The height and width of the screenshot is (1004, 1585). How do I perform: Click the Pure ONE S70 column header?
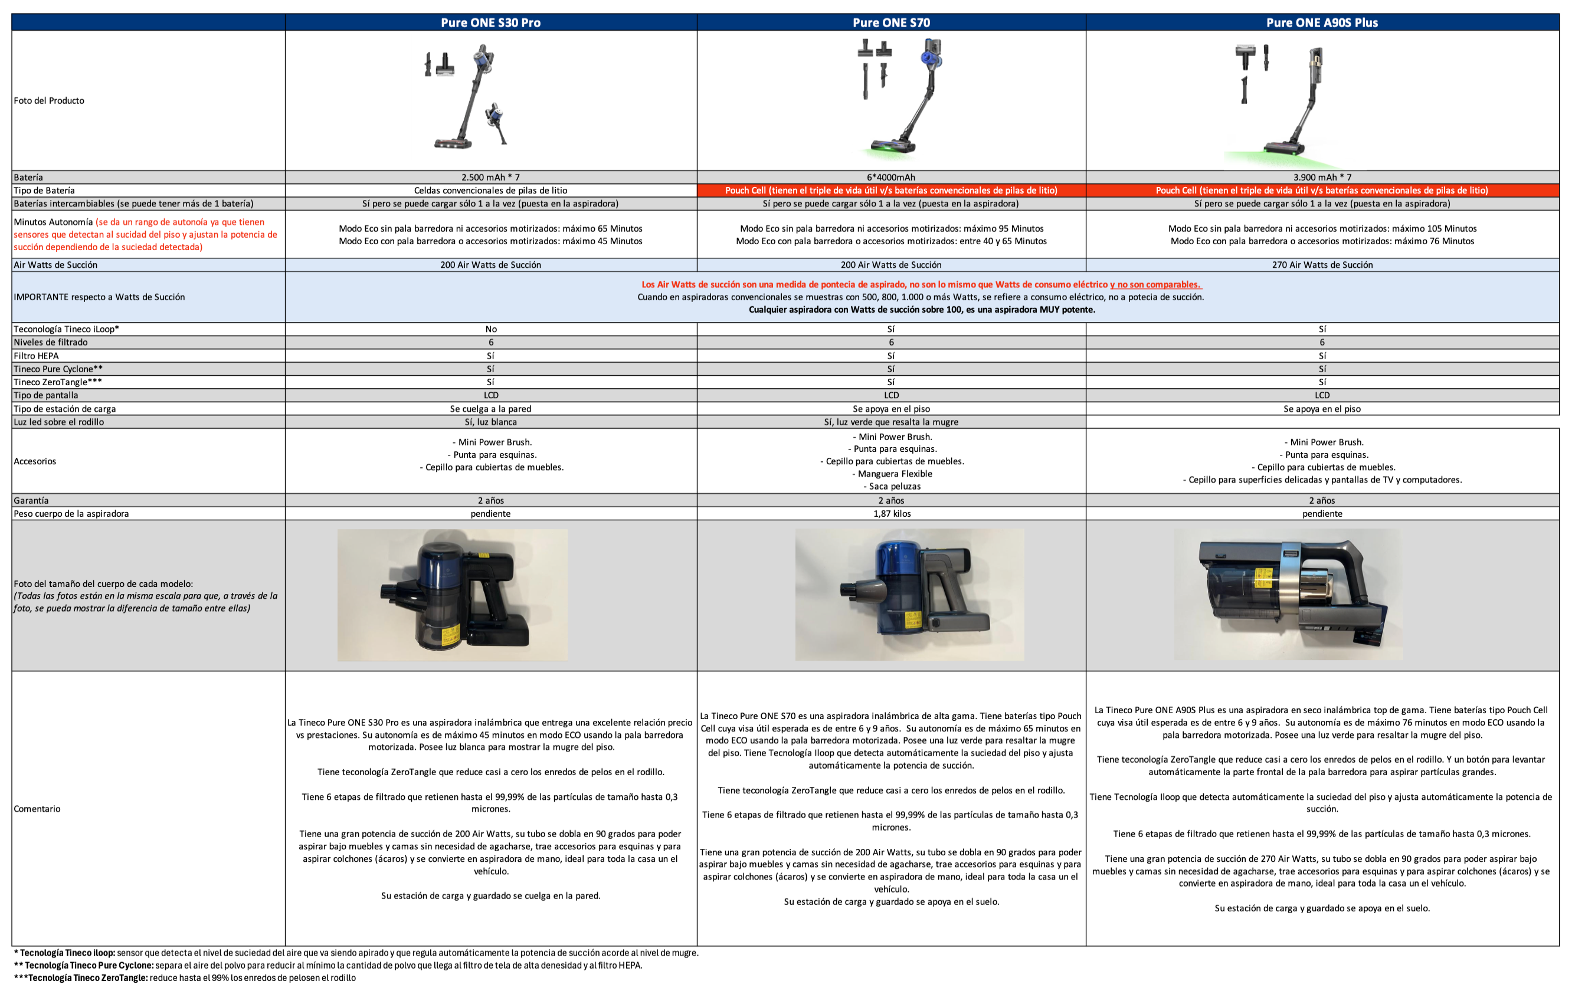891,22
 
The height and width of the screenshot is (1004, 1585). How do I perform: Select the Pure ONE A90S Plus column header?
1322,22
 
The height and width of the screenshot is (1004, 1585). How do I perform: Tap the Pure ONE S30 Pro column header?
490,22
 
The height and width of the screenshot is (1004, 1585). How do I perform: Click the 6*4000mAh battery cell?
891,177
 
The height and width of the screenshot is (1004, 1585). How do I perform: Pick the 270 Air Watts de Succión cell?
1322,264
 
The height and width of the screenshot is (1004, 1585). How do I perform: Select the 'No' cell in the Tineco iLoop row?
490,329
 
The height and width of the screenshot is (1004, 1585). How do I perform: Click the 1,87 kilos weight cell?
891,513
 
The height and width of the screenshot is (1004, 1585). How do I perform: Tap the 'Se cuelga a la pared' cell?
490,409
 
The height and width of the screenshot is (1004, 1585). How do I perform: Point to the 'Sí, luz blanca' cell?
490,422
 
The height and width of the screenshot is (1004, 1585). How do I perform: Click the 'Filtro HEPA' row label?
36,356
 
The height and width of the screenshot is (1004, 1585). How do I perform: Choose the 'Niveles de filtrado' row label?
51,342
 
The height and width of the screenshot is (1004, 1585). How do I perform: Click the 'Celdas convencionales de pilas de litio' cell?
490,190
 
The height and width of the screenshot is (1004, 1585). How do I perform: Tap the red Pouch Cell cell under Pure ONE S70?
891,190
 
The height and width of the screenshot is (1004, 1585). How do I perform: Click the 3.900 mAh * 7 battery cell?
1322,177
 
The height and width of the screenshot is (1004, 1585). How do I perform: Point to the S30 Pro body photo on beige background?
452,595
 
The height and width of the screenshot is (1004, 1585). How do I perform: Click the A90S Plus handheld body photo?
1288,594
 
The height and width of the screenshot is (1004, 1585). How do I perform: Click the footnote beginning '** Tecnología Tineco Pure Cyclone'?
328,965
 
